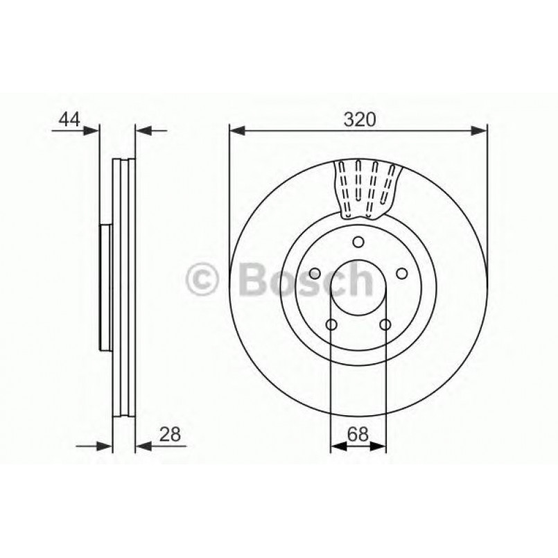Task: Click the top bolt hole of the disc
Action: (x=358, y=242)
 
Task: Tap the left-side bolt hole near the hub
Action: (x=314, y=273)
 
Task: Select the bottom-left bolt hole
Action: (x=331, y=324)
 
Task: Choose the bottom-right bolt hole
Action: (x=385, y=324)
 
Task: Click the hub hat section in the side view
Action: (x=106, y=286)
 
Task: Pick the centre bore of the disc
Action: (x=358, y=287)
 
